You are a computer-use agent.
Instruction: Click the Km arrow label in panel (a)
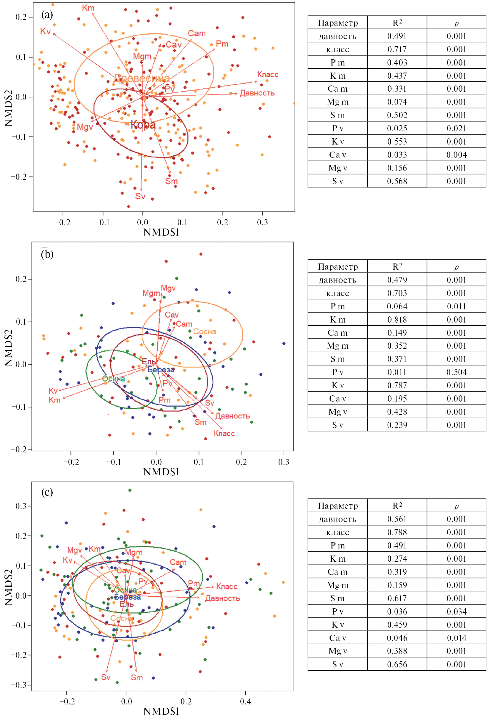coord(88,8)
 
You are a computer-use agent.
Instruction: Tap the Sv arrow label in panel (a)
coord(140,196)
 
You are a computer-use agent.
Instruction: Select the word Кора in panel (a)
coord(143,125)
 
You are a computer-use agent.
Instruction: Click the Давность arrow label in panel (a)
coord(257,93)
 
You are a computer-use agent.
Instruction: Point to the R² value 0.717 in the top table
coord(397,50)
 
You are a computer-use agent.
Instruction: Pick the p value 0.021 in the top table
coord(456,129)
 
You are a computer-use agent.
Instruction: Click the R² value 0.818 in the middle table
coord(397,320)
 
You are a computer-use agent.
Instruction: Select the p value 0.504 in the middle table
coord(456,372)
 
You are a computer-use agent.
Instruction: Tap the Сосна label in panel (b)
coord(204,331)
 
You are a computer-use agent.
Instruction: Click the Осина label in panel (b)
coord(114,379)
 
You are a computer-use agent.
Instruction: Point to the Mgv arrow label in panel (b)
coord(168,288)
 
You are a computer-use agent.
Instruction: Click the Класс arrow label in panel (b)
coord(224,433)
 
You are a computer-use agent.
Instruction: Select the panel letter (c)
coord(47,492)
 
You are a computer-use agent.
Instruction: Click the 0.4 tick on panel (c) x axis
coord(245,701)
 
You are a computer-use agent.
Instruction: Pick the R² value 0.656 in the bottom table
coord(397,664)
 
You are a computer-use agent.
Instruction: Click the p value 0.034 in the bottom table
coord(456,612)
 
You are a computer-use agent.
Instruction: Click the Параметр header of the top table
coord(337,23)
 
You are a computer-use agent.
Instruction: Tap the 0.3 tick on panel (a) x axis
coord(262,222)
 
